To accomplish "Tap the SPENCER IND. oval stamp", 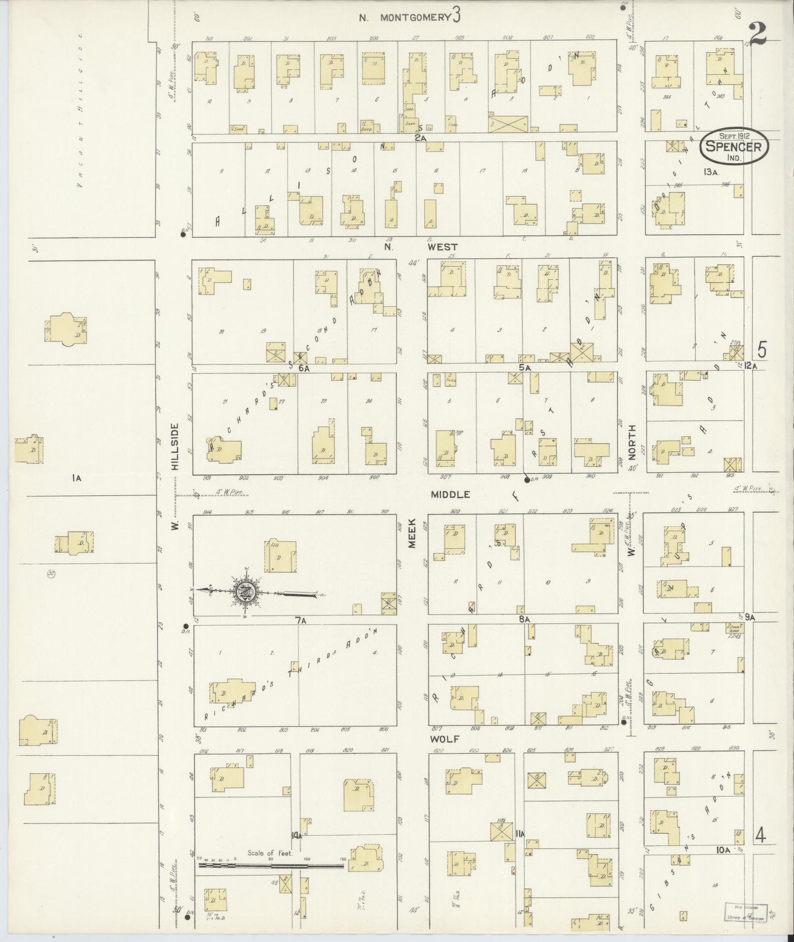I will click(734, 147).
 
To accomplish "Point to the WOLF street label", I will click(445, 739).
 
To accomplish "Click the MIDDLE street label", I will click(450, 495).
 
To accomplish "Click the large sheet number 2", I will click(758, 35).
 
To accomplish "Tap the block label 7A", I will click(300, 620).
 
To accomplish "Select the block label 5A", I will click(525, 367).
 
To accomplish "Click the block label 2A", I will click(420, 138).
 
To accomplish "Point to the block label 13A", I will click(710, 172).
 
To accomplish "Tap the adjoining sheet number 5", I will click(762, 349).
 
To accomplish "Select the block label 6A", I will click(304, 368).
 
